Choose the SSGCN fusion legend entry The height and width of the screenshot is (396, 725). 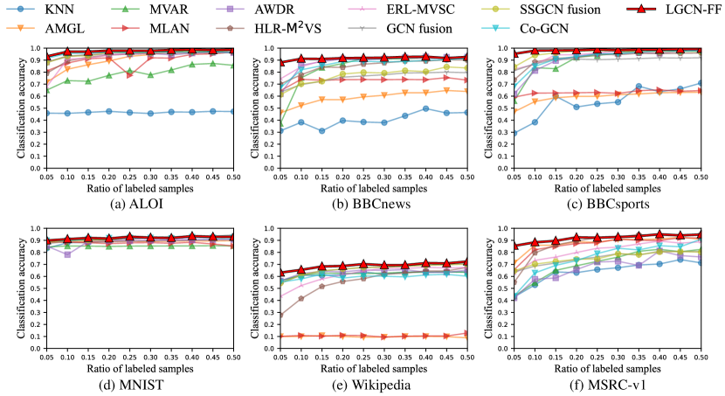[x=565, y=10]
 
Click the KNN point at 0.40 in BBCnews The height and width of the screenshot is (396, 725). [x=425, y=108]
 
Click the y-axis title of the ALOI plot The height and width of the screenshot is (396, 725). [x=19, y=108]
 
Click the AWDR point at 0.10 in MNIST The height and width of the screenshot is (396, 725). [x=66, y=254]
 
